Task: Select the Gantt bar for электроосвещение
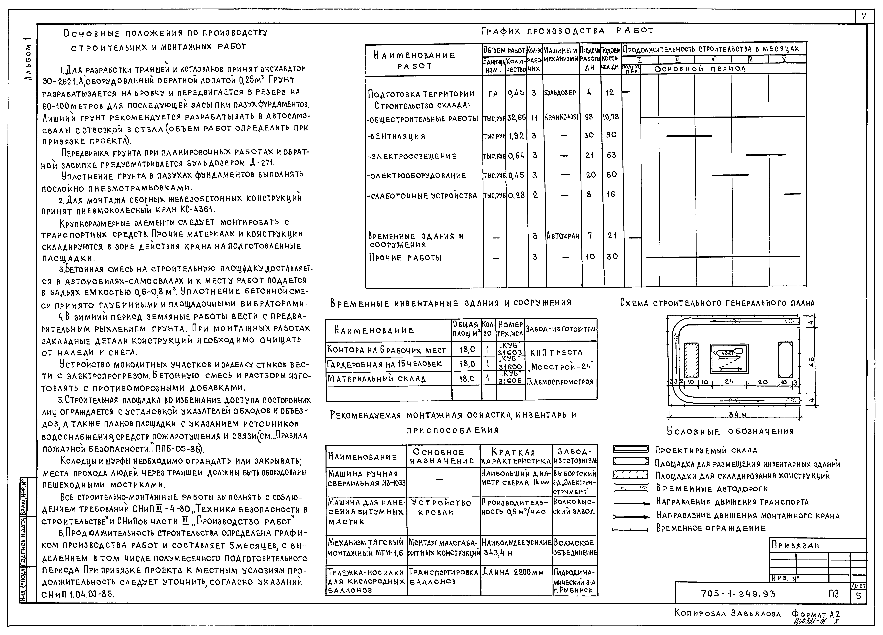pyautogui.click(x=765, y=155)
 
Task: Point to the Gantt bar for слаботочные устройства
pyautogui.click(x=792, y=194)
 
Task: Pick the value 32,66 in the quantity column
pyautogui.click(x=516, y=117)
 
